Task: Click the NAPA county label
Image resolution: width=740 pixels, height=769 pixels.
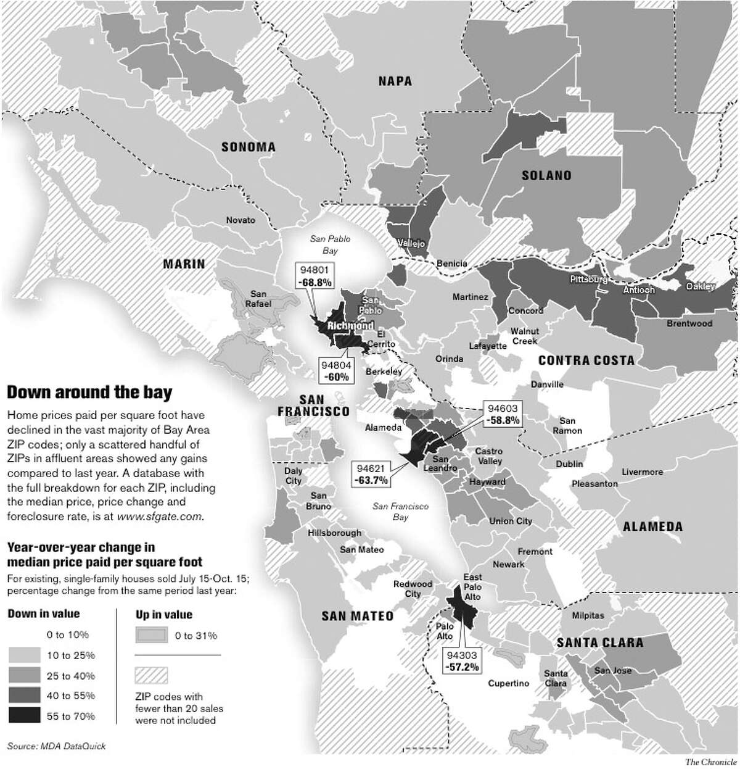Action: point(395,81)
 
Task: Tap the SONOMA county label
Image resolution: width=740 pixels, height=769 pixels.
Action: point(249,147)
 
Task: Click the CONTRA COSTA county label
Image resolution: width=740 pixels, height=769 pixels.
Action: point(586,360)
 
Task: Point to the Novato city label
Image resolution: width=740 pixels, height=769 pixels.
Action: point(240,220)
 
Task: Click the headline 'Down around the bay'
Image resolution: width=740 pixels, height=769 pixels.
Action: point(89,392)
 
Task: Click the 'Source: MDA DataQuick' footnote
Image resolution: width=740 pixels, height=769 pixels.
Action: point(57,746)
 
